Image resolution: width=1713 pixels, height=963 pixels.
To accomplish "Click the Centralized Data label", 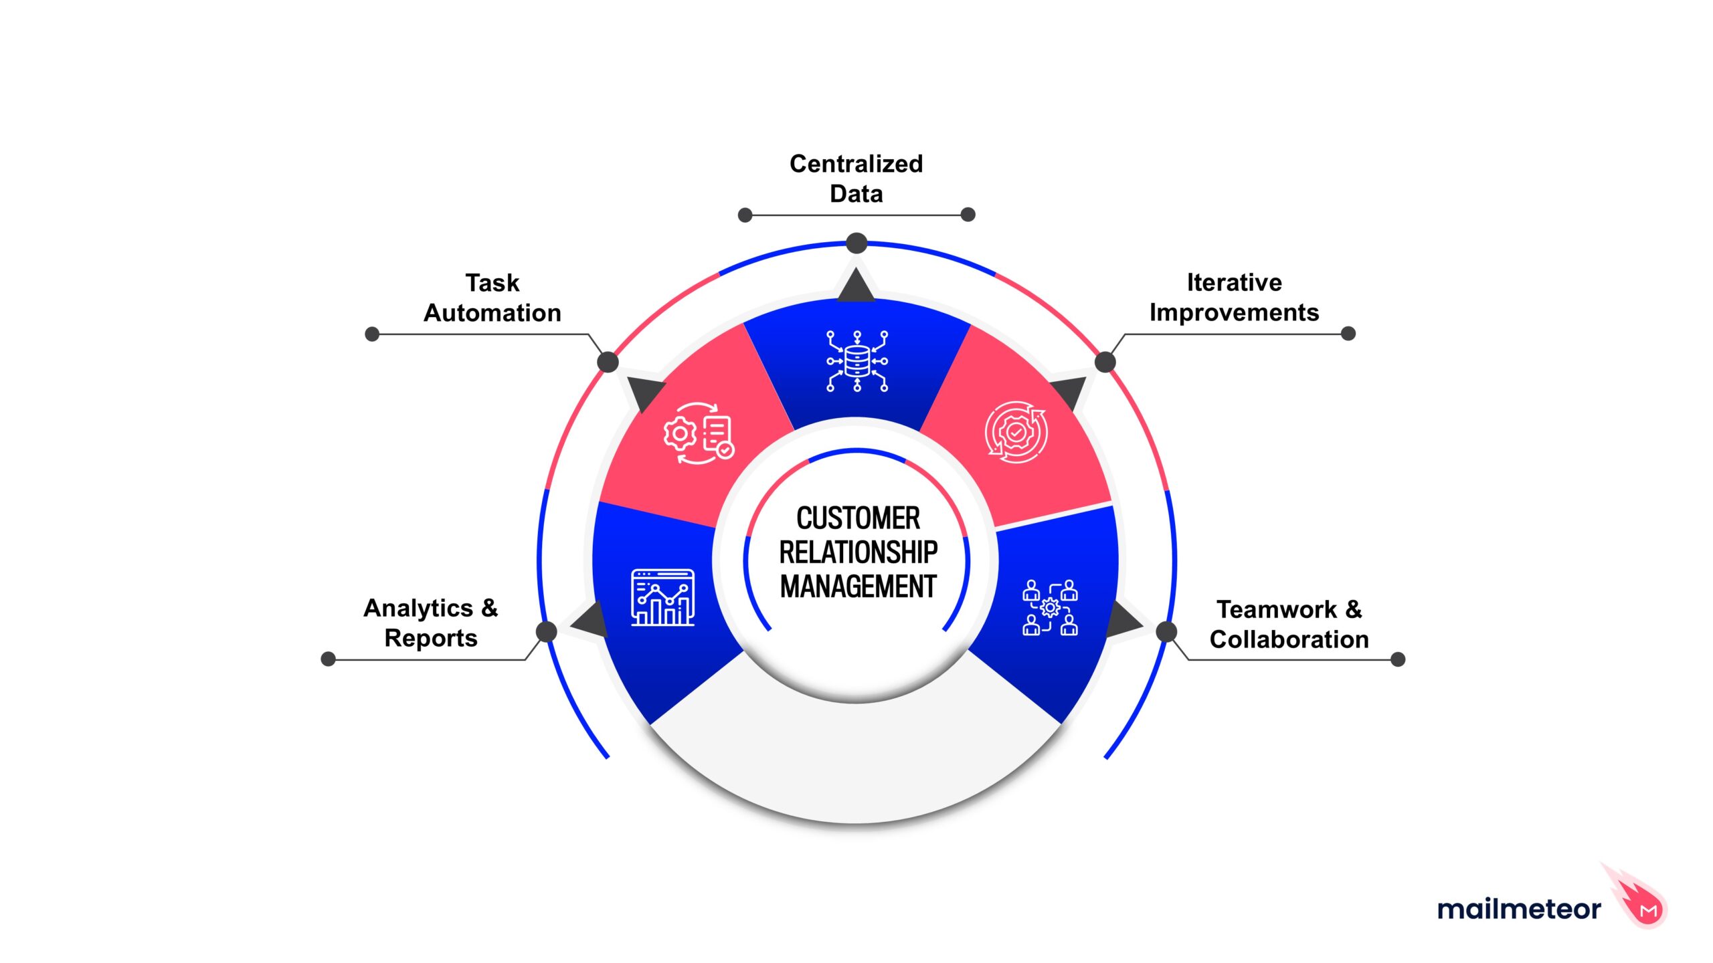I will click(856, 179).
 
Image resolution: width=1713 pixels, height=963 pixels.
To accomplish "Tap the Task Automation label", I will click(492, 298).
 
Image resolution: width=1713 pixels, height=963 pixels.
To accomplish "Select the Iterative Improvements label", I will click(1234, 298).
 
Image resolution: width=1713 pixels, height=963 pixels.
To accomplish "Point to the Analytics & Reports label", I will click(431, 623).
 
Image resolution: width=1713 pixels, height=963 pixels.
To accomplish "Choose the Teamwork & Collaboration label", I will click(1289, 624).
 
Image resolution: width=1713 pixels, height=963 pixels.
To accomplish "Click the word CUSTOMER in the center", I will click(858, 518).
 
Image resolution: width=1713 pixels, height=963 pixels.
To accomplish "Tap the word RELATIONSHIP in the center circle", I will click(858, 552).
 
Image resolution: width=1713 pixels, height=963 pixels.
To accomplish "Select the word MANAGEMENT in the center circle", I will click(858, 586).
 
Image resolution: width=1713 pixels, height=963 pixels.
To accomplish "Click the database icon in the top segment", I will click(857, 361).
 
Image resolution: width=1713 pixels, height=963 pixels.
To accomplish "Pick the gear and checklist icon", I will click(699, 433).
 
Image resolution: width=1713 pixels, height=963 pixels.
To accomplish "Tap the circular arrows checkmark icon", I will click(1016, 432).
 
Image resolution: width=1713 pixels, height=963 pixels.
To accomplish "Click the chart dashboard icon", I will click(662, 597).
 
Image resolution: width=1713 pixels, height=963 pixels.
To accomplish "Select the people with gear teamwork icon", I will click(1050, 607).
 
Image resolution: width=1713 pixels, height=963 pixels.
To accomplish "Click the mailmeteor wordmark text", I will click(1519, 909).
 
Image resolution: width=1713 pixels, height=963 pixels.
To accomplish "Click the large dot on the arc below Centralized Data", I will click(856, 243).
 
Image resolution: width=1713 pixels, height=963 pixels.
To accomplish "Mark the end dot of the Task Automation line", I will click(372, 334).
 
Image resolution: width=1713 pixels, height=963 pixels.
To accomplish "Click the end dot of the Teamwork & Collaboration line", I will click(1398, 659).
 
